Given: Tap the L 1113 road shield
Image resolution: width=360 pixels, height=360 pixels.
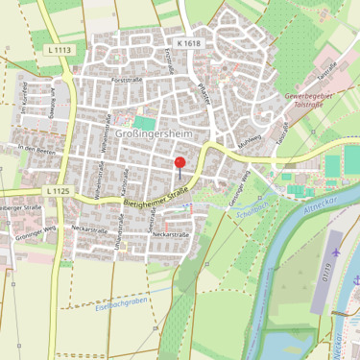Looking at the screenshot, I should pos(60,50).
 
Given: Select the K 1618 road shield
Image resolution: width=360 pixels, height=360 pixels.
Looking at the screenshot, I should pos(190,43).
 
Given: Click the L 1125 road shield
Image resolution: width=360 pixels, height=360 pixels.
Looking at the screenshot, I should pos(57,191).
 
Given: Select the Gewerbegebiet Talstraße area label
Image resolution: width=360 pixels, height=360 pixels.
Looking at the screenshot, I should pos(314,103).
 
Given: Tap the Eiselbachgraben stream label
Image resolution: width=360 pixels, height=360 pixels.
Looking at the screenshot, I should pos(120,309).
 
